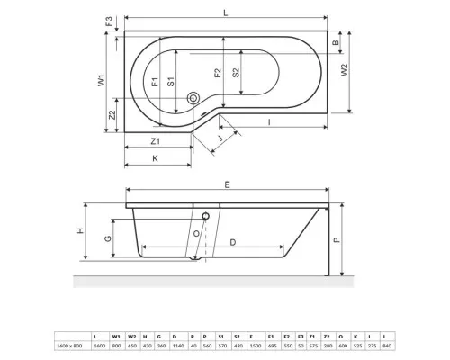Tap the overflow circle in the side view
point(205,215)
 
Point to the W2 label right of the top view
point(343,69)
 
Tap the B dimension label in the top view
point(335,42)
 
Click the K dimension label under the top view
point(155,157)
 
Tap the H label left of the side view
point(80,231)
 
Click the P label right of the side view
point(337,240)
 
